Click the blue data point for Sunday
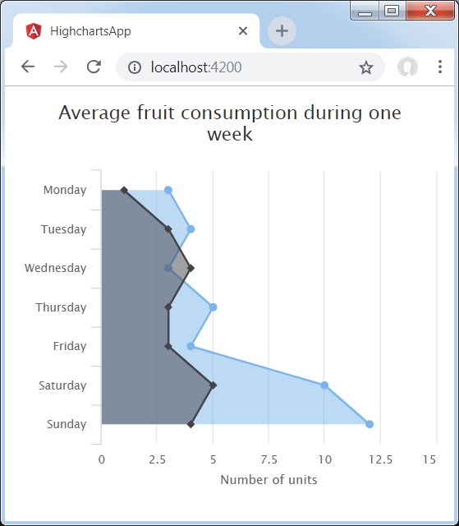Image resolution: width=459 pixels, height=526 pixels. pos(369,424)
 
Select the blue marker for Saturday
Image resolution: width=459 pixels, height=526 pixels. pos(324,385)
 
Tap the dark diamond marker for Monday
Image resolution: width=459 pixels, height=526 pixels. pos(124,190)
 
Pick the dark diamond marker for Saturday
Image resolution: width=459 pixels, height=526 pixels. pos(213,385)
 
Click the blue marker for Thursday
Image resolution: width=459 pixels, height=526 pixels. pos(213,307)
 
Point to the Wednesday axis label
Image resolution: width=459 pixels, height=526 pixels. pos(55,268)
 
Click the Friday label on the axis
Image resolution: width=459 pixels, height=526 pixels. pos(70,346)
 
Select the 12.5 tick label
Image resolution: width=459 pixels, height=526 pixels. pos(380,460)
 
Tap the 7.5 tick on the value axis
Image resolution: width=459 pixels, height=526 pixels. pos(269,460)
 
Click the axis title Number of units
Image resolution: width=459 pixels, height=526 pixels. pos(269,479)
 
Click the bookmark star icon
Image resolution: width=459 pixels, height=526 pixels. pos(366,67)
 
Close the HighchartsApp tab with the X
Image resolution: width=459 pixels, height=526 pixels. pos(243,31)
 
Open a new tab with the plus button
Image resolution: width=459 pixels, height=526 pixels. pos(282,31)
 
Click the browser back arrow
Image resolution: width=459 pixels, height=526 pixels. pos(28,67)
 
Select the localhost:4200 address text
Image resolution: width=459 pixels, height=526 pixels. pos(196,67)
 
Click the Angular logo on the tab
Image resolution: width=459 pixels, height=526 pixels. pos(34,31)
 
